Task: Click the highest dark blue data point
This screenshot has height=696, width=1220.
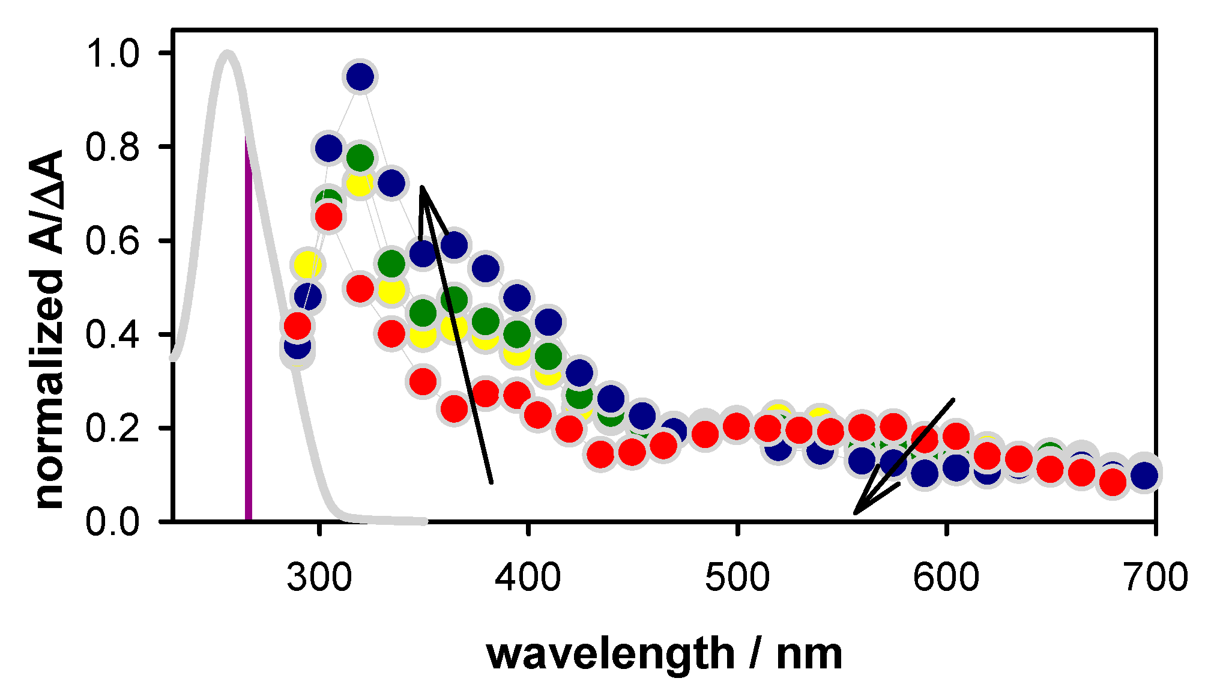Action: pyautogui.click(x=360, y=77)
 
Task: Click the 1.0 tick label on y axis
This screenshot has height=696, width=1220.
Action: pyautogui.click(x=112, y=53)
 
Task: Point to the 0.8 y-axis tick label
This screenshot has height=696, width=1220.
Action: pyautogui.click(x=112, y=147)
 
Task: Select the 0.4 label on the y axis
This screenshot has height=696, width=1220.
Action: pyautogui.click(x=112, y=334)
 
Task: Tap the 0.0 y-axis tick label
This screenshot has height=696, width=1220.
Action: pyautogui.click(x=112, y=522)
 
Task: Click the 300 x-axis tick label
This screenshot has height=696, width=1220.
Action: pyautogui.click(x=319, y=577)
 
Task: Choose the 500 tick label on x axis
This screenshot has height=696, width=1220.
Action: pyautogui.click(x=737, y=577)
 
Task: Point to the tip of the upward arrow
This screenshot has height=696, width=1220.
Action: pyautogui.click(x=422, y=188)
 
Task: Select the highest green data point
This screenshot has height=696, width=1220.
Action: pyautogui.click(x=360, y=158)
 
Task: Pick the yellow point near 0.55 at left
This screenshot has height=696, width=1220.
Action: pyautogui.click(x=307, y=265)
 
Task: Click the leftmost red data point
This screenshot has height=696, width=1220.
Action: pyautogui.click(x=297, y=326)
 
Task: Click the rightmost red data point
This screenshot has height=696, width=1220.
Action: pyautogui.click(x=1113, y=481)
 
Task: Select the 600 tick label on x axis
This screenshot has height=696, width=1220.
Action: pyautogui.click(x=946, y=577)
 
